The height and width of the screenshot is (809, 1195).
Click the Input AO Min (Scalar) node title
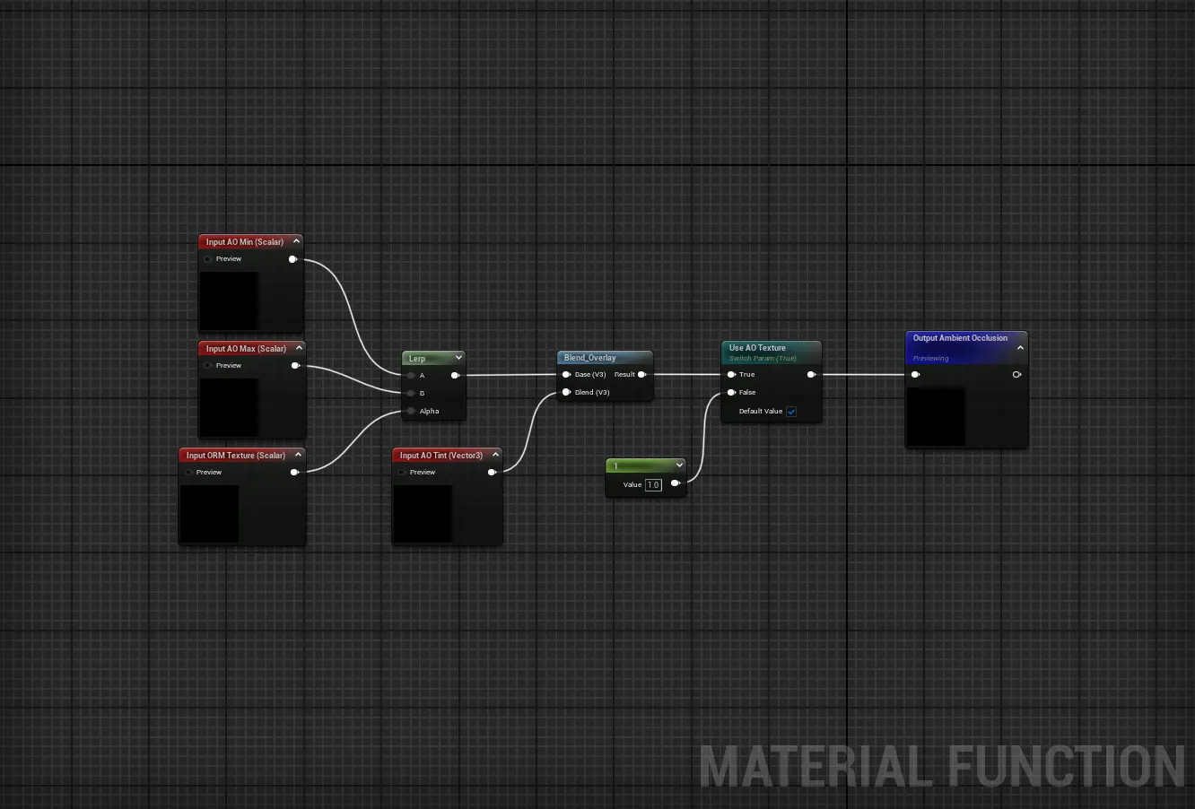tap(244, 242)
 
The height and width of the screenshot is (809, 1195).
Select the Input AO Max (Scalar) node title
tap(246, 349)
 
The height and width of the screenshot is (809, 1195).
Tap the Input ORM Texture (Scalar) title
tap(235, 456)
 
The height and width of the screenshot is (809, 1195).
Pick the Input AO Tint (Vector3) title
tap(440, 456)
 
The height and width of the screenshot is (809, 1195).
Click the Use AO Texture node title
tap(757, 348)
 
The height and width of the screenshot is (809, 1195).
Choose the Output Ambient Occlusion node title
tap(960, 338)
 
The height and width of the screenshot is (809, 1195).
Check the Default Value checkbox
tap(791, 412)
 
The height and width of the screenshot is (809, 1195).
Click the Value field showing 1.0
tap(653, 485)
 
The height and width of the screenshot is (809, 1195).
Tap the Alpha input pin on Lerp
tap(411, 412)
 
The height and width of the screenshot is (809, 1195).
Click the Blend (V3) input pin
tap(566, 393)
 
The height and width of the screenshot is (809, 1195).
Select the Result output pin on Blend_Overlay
tap(641, 375)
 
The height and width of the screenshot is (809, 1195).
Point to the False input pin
tap(732, 393)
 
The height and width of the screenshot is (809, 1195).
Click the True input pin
tap(732, 375)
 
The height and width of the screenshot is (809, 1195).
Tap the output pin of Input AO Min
tap(292, 259)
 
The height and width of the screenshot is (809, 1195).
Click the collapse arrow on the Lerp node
tap(458, 358)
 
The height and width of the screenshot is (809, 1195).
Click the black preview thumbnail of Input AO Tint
tap(423, 514)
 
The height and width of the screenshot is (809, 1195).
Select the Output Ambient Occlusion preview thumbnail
tap(936, 416)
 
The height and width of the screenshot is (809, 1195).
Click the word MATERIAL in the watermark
tap(816, 768)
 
